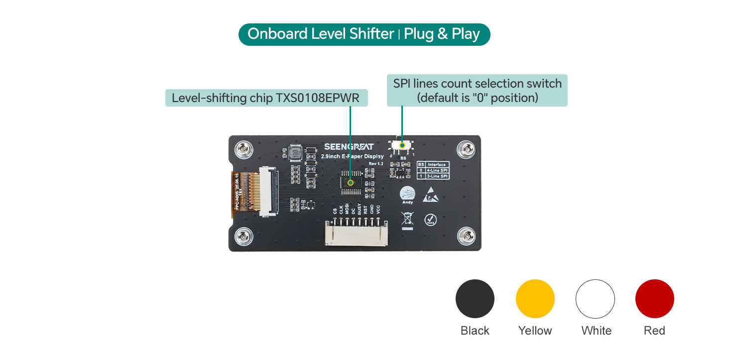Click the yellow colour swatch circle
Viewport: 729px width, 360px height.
[x=535, y=299]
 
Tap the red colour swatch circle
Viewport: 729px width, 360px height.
[x=654, y=299]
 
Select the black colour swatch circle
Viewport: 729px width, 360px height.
[x=475, y=299]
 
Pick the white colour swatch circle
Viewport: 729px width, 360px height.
[x=595, y=299]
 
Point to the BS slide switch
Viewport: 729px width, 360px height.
[x=402, y=145]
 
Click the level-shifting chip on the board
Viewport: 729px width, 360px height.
[x=351, y=182]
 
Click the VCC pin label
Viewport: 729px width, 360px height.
[x=378, y=210]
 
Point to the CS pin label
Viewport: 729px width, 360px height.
[x=335, y=211]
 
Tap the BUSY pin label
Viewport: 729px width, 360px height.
[x=360, y=209]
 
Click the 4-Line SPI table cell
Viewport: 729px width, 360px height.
[x=436, y=170]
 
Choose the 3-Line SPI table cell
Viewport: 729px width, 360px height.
[x=436, y=176]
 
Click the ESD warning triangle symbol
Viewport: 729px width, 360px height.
[x=430, y=195]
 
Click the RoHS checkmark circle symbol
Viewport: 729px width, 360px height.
[x=430, y=220]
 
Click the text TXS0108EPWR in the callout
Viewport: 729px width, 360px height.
[x=317, y=98]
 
